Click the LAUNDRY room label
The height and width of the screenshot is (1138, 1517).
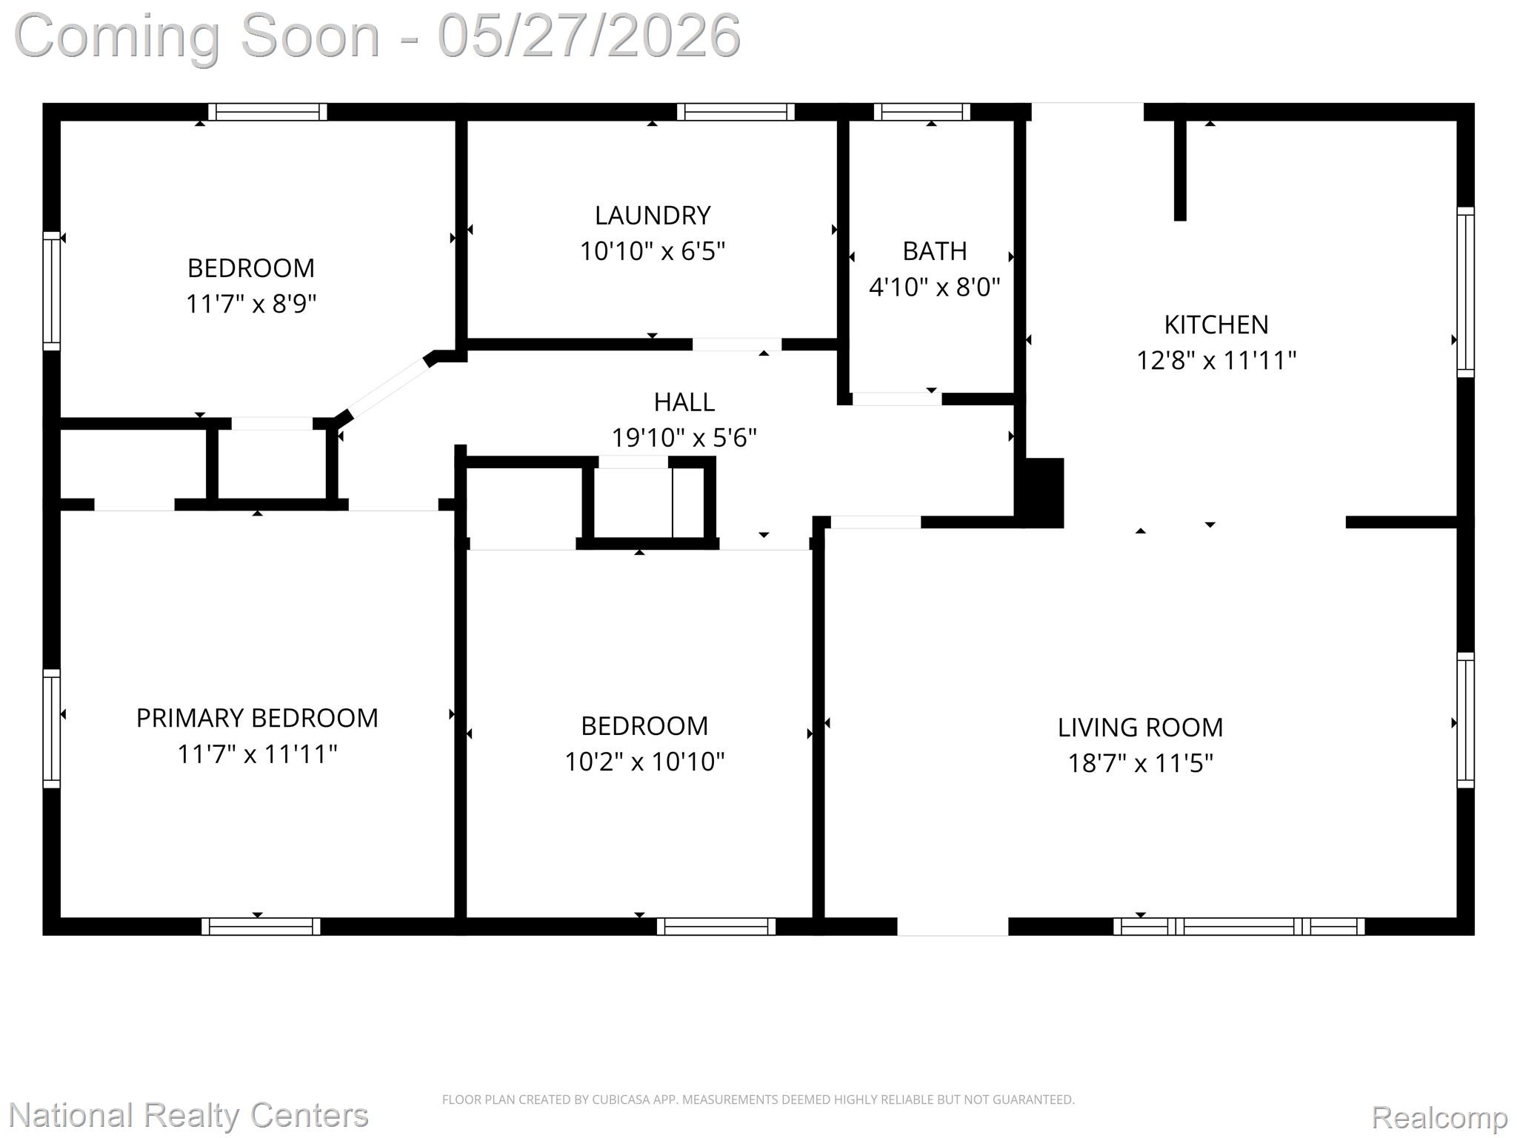click(653, 216)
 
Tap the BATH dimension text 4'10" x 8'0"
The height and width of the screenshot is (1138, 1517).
click(934, 287)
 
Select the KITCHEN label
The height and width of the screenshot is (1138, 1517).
click(1216, 325)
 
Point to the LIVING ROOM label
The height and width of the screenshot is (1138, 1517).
click(1140, 728)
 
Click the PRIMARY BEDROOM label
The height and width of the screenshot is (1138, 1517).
click(257, 718)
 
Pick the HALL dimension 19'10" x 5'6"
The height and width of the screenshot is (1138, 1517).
click(684, 438)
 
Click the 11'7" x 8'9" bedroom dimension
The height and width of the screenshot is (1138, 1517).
click(251, 304)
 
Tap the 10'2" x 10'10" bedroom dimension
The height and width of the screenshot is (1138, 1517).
click(644, 762)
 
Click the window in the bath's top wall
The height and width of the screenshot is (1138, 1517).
click(922, 112)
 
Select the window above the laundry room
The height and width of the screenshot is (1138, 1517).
click(736, 112)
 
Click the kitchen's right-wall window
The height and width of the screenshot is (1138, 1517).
click(1465, 292)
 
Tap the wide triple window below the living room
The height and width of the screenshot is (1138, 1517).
click(1239, 926)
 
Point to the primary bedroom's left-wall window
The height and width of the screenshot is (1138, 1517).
click(51, 728)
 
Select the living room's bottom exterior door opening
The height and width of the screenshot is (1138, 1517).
click(953, 926)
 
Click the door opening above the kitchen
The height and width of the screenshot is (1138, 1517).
click(1087, 112)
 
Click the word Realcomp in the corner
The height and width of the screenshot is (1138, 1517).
click(1439, 1117)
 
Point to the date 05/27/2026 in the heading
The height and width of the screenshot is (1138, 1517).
click(589, 35)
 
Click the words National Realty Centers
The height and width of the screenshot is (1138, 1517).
click(188, 1114)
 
